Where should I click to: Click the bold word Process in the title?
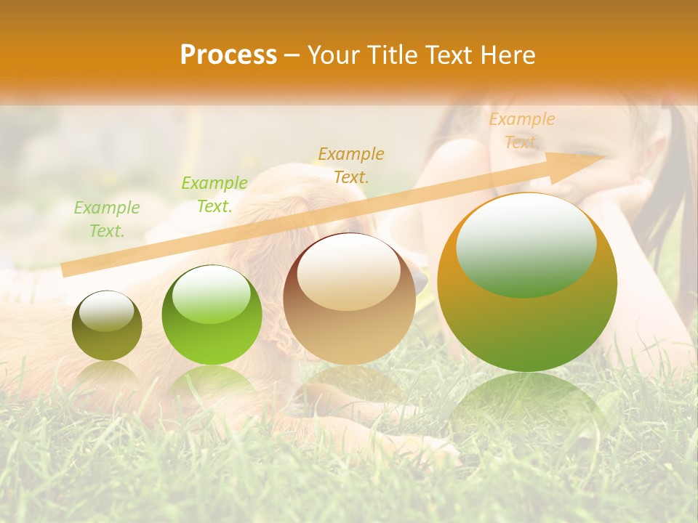(x=228, y=55)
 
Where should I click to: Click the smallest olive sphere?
(x=107, y=325)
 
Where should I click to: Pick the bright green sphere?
(x=212, y=315)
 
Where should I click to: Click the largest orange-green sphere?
(x=527, y=283)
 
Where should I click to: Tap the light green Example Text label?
(x=107, y=219)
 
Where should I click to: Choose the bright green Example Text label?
(x=214, y=194)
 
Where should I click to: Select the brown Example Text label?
(x=351, y=165)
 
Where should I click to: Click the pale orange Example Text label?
(x=522, y=131)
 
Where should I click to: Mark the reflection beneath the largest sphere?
(x=527, y=407)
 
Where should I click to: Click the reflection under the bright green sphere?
(x=212, y=381)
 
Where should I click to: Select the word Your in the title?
(x=332, y=55)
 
